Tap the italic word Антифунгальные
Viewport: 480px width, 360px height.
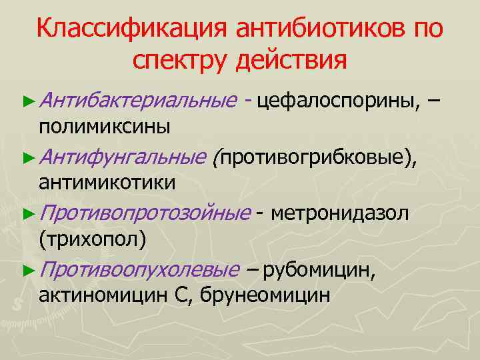(123, 157)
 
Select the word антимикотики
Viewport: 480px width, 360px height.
(107, 182)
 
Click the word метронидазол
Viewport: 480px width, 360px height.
(341, 213)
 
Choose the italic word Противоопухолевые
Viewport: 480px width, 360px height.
(138, 270)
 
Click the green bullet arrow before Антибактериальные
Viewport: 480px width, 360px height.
(27, 101)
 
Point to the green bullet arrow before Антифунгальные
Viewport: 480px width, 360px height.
(27, 158)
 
